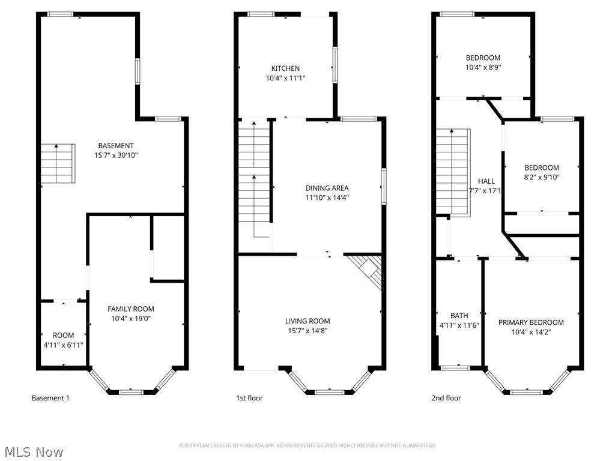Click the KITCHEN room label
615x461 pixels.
(x=285, y=68)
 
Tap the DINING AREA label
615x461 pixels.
(x=327, y=188)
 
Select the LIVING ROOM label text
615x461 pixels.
(x=307, y=321)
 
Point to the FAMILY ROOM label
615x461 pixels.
(x=131, y=309)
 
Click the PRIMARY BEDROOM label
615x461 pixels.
(x=531, y=322)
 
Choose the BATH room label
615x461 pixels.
(x=459, y=316)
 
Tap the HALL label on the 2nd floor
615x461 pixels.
(x=486, y=181)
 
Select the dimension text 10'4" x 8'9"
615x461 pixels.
(x=483, y=67)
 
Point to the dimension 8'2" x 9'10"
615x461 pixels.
(x=542, y=177)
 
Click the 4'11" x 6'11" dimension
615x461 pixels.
(x=63, y=345)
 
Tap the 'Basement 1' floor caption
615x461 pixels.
(x=50, y=398)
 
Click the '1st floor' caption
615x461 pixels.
(x=249, y=398)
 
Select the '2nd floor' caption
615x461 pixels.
(x=446, y=398)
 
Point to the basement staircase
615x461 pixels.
(x=58, y=163)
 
